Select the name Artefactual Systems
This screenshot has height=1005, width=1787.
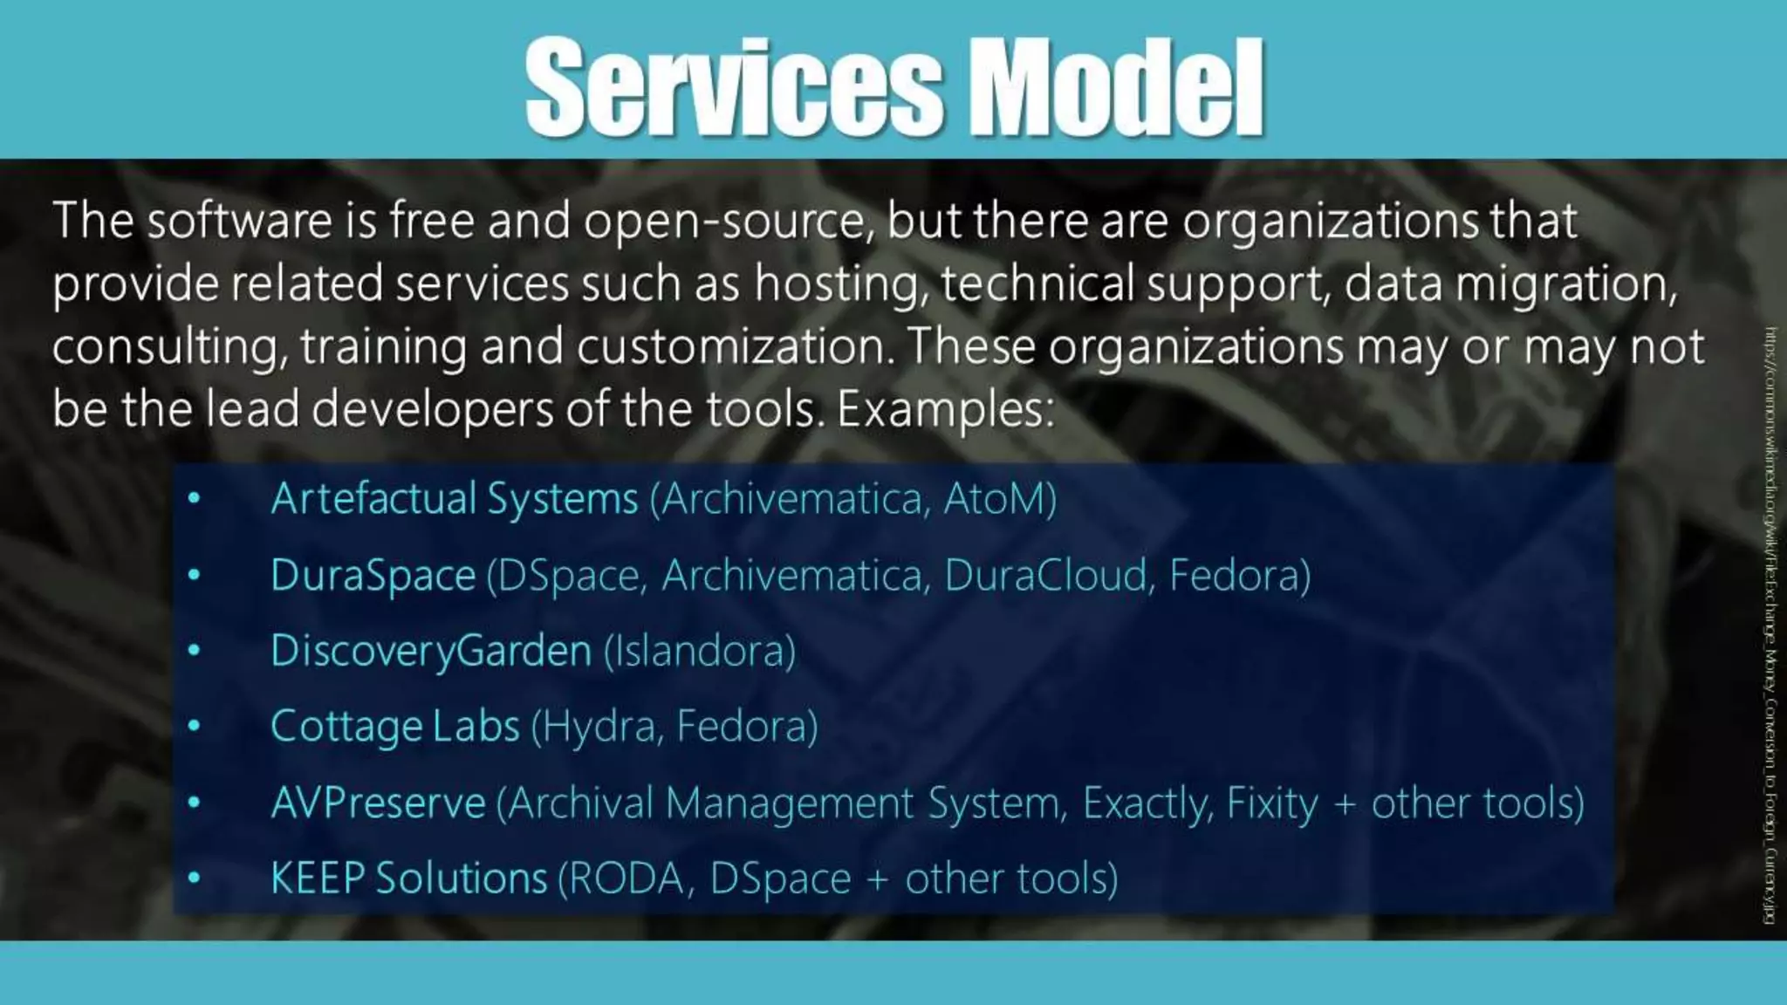455,499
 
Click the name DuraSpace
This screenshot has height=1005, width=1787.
373,576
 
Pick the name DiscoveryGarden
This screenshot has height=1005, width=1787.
431,652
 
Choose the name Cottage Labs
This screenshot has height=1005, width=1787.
394,727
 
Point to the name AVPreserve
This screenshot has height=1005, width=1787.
378,803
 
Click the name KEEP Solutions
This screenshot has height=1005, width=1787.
408,879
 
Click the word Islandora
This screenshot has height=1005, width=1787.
699,652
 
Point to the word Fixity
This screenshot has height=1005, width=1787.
1272,803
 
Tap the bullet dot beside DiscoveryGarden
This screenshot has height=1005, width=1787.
194,651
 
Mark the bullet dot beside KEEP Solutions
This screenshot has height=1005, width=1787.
194,878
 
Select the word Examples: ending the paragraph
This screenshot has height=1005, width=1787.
946,410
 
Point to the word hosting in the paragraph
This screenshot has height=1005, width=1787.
841,284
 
